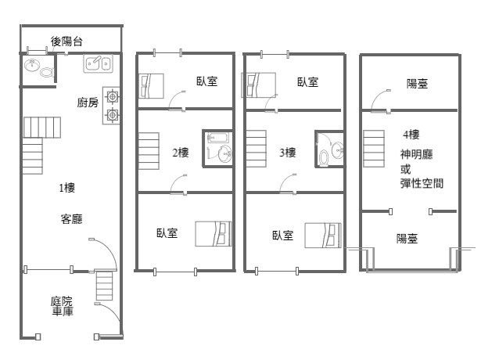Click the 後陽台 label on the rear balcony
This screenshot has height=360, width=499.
point(66,41)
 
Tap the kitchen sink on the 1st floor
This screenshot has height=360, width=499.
point(98,63)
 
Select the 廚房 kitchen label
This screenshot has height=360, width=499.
point(88,103)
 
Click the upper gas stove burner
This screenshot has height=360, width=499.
point(112,96)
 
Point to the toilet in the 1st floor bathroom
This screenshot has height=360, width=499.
point(47,72)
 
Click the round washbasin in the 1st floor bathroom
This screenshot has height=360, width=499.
point(32,65)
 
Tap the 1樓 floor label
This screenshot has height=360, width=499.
point(67,188)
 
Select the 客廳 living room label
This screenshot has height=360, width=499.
point(72,219)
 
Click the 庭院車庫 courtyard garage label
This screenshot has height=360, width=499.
point(62,306)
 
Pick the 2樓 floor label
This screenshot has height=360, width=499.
point(181,153)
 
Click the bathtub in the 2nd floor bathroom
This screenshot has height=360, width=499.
point(217,138)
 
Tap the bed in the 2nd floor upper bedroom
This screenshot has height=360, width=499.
point(152,86)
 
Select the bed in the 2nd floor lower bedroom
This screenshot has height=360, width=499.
point(214,234)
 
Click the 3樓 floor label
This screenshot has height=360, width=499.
point(288,153)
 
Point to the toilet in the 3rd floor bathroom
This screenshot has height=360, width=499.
point(324,157)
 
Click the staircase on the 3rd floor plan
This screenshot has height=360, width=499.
point(257,149)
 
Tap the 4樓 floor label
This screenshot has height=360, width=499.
point(411,135)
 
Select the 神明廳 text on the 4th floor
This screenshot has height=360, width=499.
point(417,154)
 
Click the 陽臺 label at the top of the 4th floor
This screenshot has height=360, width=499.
point(417,84)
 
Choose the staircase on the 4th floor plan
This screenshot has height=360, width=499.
point(374,149)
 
